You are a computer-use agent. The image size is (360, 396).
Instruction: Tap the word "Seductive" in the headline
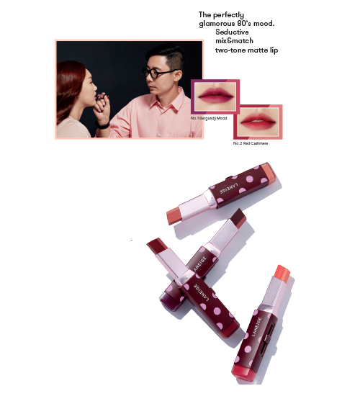point(232,32)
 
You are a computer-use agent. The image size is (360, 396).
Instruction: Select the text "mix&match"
point(234,41)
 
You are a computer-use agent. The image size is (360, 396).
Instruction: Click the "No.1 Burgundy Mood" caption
point(209,118)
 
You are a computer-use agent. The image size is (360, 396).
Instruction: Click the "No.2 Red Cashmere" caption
point(251,143)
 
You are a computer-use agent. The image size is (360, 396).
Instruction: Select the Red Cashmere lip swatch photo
point(258,122)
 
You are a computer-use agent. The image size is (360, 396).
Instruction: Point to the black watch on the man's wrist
point(102,125)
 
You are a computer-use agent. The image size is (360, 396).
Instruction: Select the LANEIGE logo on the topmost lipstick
point(229,188)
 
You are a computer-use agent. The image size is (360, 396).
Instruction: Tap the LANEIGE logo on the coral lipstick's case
point(257,327)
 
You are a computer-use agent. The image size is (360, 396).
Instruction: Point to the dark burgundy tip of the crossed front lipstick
point(157,246)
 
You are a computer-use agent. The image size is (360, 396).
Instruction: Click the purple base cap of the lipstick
point(169,299)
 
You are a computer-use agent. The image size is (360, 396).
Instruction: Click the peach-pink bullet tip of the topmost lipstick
point(175,215)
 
